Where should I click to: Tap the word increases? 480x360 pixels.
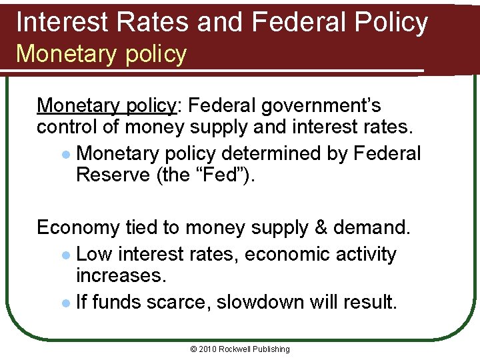click(121, 275)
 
